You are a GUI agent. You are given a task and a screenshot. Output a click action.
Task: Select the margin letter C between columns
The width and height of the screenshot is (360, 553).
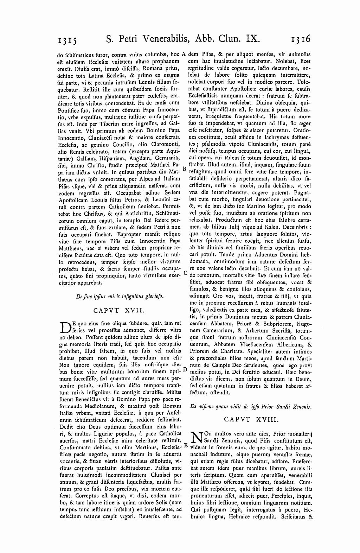pos(185,273)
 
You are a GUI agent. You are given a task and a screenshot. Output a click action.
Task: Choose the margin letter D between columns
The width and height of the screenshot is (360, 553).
pos(185,369)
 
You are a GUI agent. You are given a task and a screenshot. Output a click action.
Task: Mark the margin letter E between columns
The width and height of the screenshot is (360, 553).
pos(185,445)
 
